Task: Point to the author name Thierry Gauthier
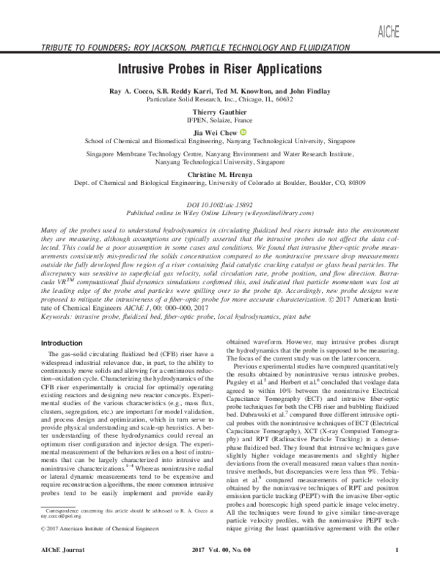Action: coord(219,112)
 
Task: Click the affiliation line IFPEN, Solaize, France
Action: coord(219,120)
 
